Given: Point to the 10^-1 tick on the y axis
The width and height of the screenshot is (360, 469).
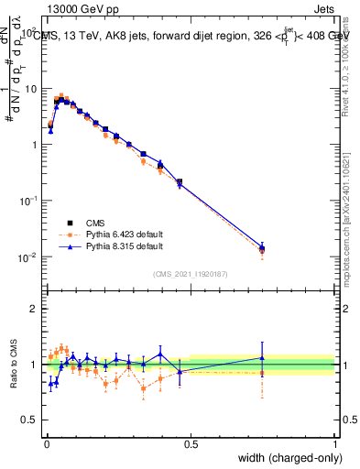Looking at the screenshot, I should pyautogui.click(x=29, y=200).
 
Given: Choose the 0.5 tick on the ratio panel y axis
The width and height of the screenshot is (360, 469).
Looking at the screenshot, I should pyautogui.click(x=30, y=420).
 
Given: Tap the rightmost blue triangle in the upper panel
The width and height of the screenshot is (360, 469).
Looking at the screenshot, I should pyautogui.click(x=262, y=246).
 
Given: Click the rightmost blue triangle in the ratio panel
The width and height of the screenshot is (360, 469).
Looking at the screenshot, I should pyautogui.click(x=262, y=358).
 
